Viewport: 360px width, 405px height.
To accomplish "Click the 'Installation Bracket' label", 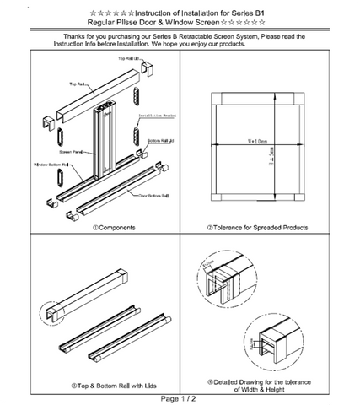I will [156, 116].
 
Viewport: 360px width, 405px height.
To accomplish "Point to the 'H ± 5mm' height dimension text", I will [271, 155].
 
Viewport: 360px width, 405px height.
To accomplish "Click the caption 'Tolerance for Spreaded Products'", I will [261, 227].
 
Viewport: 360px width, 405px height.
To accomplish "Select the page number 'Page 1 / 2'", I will [180, 397].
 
